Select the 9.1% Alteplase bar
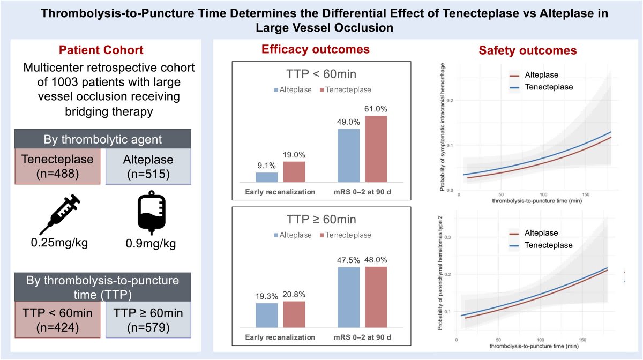267,177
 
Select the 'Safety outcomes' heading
527,51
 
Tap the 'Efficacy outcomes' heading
316,50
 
